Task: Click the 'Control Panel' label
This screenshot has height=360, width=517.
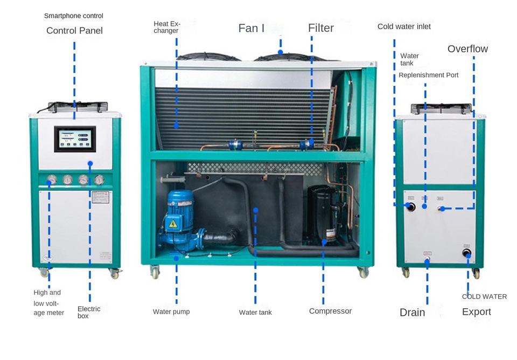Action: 74,31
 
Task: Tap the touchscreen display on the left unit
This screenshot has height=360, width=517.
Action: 75,139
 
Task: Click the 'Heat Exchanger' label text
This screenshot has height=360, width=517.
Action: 166,27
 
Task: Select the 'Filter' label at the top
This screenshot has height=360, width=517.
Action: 321,28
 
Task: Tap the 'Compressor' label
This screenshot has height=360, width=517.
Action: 330,311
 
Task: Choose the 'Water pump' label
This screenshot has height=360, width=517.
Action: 171,311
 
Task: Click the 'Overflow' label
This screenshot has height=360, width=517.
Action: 467,49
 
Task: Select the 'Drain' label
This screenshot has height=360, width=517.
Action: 412,313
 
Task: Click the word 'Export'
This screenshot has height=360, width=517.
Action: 477,312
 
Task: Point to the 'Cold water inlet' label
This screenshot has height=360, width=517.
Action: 404,26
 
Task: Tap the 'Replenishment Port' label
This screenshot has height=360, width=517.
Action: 429,75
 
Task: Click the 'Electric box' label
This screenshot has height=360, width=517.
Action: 89,312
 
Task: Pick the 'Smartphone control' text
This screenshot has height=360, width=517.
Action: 73,16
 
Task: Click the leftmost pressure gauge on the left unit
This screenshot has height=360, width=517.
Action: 52,179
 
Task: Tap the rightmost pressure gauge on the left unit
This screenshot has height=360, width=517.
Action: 99,179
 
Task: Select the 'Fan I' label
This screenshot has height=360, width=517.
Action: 251,28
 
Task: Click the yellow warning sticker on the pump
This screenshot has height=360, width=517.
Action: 173,223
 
